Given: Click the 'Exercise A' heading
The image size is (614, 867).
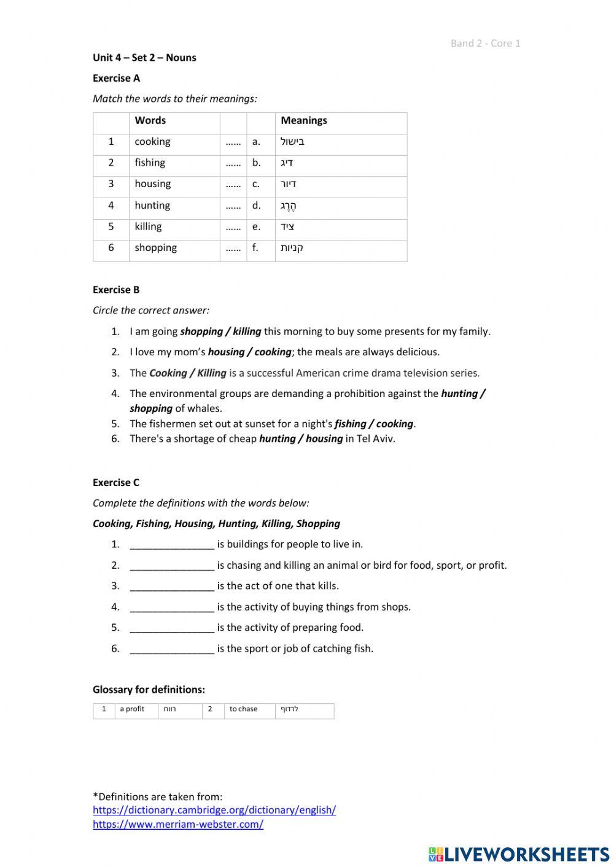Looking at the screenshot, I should (x=116, y=78).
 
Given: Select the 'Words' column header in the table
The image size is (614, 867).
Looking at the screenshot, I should (x=150, y=121).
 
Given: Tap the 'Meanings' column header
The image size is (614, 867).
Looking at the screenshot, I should (x=304, y=121).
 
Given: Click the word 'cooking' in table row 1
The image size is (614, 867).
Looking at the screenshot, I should (x=152, y=142).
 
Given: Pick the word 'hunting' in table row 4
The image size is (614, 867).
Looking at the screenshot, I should (x=152, y=206).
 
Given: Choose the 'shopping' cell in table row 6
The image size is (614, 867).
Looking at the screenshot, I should (x=155, y=248).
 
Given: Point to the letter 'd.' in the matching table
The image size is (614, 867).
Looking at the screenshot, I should (x=256, y=206).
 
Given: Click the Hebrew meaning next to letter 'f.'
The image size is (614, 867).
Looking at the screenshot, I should (x=292, y=248).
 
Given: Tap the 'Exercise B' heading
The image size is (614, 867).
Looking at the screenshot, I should (x=116, y=290).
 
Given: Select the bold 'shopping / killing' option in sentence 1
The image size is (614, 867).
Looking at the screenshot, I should (x=220, y=331).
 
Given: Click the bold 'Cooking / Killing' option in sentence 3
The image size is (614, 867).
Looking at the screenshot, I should (x=188, y=373).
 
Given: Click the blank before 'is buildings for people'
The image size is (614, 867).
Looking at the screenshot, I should (x=172, y=545).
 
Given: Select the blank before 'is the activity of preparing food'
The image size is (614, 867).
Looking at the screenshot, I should (x=172, y=628).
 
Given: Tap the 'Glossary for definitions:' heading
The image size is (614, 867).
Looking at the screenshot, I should (x=149, y=690).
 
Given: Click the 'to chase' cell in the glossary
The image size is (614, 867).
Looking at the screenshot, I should (x=243, y=709).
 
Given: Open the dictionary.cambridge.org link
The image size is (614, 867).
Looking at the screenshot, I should (x=214, y=810).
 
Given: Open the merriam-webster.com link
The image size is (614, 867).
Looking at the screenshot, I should (x=178, y=825).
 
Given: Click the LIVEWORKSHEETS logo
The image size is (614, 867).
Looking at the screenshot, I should (x=519, y=854).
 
